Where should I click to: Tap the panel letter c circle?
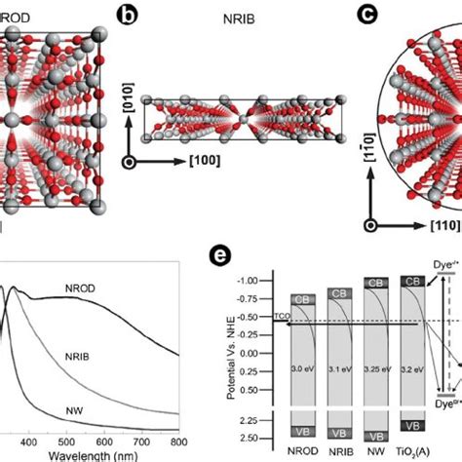tap(367, 14)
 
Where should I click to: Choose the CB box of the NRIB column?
tap(339, 293)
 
